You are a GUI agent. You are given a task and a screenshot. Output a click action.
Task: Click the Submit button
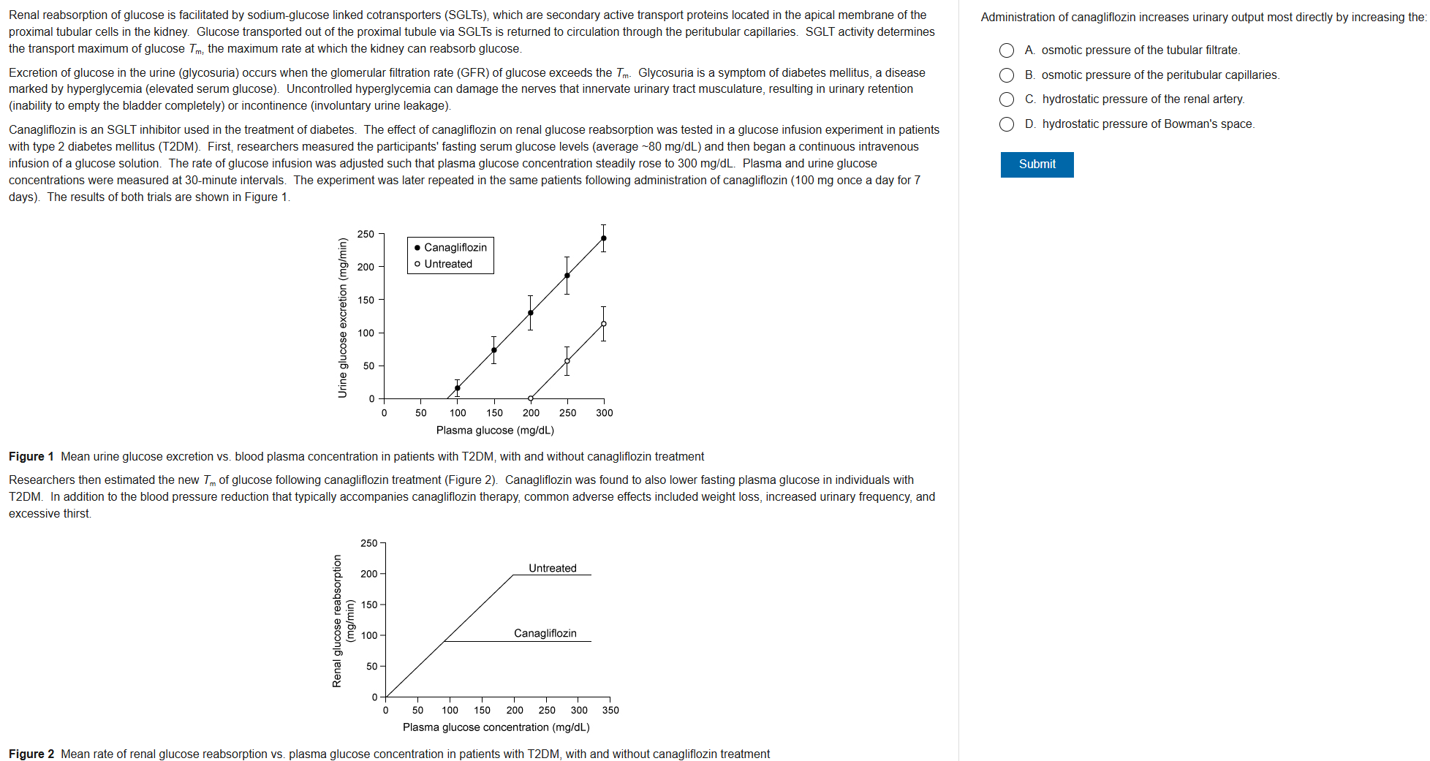point(1037,164)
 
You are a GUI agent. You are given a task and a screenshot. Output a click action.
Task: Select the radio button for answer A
point(1007,50)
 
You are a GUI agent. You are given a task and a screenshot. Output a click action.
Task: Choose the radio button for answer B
point(1007,75)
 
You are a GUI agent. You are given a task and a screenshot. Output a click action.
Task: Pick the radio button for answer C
point(1007,99)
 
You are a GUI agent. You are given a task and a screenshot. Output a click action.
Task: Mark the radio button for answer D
point(1007,124)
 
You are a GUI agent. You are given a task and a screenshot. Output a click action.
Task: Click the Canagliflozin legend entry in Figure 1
point(450,248)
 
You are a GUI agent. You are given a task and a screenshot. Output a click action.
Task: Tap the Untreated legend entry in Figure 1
point(444,264)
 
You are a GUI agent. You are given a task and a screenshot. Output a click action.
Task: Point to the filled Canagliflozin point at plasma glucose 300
point(603,238)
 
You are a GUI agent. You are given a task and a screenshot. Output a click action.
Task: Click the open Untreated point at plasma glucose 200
point(531,398)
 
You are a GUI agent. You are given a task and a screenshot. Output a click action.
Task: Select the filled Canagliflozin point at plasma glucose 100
point(458,388)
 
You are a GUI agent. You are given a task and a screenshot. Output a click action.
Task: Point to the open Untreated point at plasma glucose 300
point(603,324)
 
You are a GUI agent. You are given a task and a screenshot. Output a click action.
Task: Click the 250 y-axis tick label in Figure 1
point(366,234)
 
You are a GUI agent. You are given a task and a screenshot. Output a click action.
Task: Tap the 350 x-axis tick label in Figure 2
point(610,710)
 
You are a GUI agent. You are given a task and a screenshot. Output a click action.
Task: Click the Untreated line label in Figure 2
point(553,568)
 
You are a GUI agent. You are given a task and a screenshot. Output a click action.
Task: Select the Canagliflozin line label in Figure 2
point(545,633)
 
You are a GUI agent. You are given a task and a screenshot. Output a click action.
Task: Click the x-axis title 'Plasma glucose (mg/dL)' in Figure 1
point(495,431)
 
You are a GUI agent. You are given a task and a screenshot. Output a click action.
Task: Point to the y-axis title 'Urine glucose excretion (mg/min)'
point(342,318)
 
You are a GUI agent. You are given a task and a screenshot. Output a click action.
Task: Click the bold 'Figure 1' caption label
point(31,457)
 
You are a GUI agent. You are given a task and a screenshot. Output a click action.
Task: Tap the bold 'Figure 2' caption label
point(31,754)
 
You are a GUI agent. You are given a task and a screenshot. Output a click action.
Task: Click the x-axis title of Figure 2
point(496,727)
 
